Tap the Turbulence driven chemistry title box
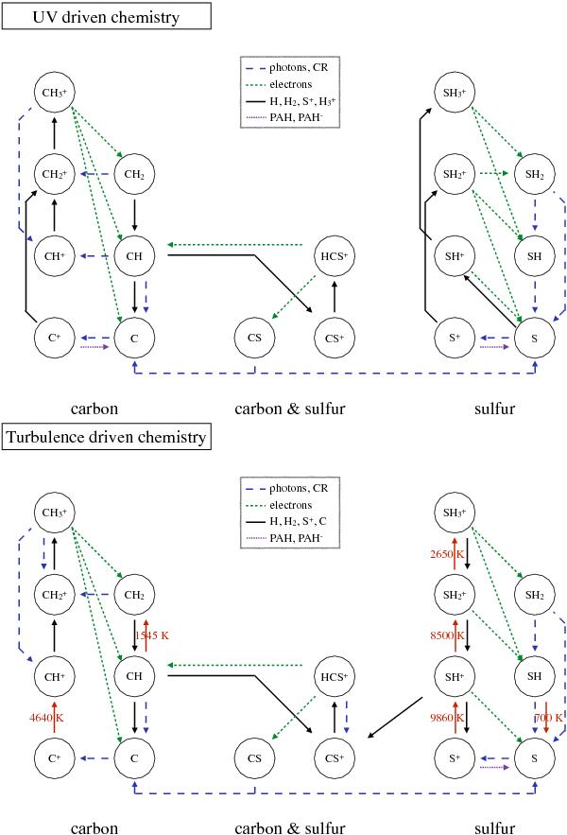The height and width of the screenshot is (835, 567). tap(106, 436)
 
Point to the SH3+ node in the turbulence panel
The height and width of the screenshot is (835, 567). tap(453, 513)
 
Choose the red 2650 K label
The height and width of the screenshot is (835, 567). tap(446, 553)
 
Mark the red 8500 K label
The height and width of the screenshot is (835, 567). tap(446, 635)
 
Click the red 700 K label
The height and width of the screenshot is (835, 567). tap(547, 718)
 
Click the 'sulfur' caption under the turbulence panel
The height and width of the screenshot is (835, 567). tap(494, 829)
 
